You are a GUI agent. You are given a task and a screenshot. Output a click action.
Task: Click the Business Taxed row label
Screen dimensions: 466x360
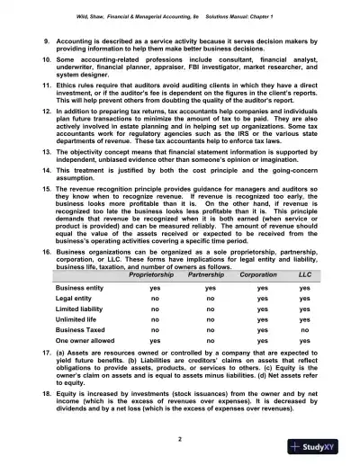click(70, 330)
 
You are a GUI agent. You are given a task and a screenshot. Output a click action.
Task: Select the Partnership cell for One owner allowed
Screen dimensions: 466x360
click(208, 343)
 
